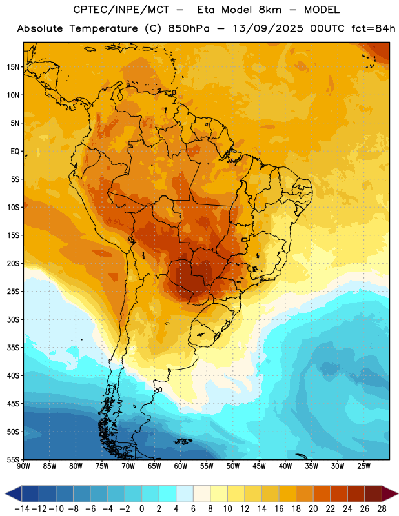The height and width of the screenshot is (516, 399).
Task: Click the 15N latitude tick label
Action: point(13,67)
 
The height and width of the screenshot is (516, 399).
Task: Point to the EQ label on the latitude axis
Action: point(15,152)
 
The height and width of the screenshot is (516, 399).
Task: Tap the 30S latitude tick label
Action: point(13,319)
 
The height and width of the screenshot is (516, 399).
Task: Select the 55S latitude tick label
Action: point(13,460)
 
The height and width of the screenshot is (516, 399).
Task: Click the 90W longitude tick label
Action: point(23,466)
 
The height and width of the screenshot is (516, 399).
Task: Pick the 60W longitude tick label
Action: point(181,466)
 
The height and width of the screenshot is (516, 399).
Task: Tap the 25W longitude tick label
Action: point(363,466)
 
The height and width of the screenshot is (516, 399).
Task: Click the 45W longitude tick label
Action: point(259,466)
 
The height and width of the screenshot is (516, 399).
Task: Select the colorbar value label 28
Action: point(382,509)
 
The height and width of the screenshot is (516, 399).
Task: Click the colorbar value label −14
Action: point(22,509)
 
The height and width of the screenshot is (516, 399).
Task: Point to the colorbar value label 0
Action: point(141,509)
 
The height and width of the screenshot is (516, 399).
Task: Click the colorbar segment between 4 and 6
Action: point(185,493)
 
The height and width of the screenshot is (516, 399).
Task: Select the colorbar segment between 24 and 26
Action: point(356,493)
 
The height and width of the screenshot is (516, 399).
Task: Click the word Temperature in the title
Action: point(104,28)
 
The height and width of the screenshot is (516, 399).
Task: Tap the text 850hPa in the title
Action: point(189,28)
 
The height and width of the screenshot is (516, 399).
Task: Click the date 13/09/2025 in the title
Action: point(268,28)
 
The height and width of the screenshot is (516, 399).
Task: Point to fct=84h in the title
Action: point(373,28)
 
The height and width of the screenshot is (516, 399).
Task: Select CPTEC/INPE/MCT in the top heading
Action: point(121,10)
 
